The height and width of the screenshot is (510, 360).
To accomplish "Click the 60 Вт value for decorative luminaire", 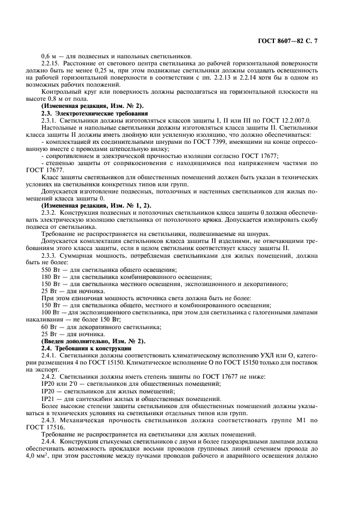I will click(x=48, y=326).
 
